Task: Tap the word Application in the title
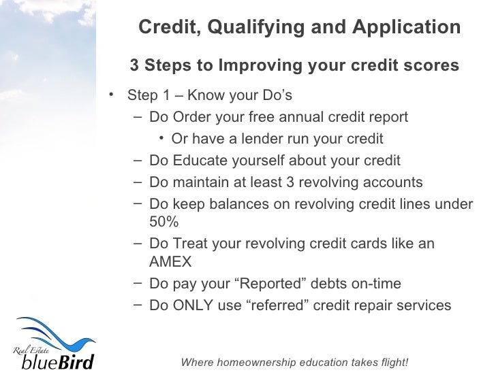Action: [407, 27]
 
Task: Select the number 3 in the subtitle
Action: [134, 65]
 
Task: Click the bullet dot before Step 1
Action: [110, 94]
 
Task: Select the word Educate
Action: [200, 160]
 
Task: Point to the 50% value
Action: [164, 221]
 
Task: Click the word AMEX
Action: [170, 261]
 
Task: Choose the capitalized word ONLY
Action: [193, 305]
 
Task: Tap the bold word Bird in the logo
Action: [76, 362]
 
